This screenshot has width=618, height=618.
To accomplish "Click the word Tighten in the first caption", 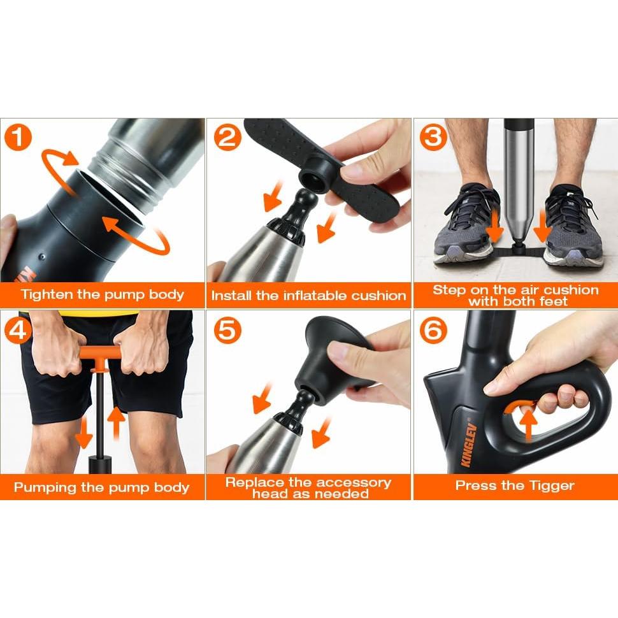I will pyautogui.click(x=47, y=294).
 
